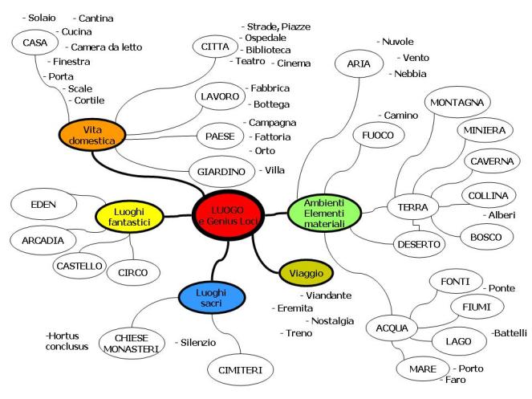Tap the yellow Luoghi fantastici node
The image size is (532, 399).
click(x=128, y=214)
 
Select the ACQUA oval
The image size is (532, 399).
click(x=392, y=328)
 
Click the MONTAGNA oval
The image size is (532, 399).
click(x=456, y=103)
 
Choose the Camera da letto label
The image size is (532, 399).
click(x=105, y=47)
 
